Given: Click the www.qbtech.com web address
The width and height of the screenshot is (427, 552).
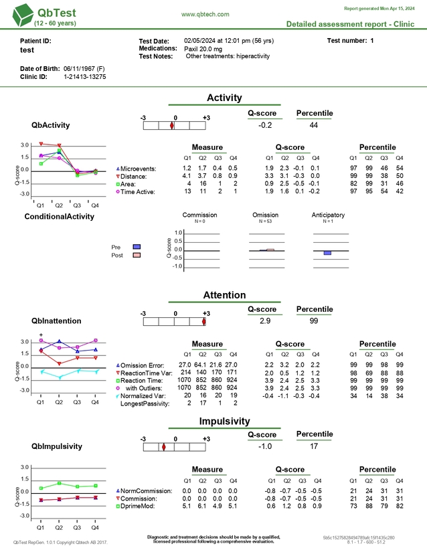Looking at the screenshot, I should pyautogui.click(x=205, y=14).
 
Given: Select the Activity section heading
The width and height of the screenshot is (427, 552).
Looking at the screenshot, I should pyautogui.click(x=224, y=98).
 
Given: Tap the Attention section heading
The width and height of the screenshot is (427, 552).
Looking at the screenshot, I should pyautogui.click(x=224, y=295).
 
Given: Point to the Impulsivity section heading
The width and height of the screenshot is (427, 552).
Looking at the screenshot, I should pyautogui.click(x=224, y=421).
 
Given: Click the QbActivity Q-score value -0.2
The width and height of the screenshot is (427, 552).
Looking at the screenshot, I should pyautogui.click(x=265, y=125).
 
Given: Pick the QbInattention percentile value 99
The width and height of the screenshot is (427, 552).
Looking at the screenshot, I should pyautogui.click(x=314, y=321).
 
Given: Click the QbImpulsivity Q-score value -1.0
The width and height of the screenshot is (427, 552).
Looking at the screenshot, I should pyautogui.click(x=265, y=447).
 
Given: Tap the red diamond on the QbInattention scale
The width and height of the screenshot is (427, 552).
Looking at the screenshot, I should pyautogui.click(x=204, y=322).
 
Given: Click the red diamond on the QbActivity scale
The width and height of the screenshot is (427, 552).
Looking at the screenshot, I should pyautogui.click(x=172, y=126).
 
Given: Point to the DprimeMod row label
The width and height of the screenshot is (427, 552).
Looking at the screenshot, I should pyautogui.click(x=140, y=507).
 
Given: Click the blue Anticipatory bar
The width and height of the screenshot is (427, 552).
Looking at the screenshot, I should pyautogui.click(x=327, y=253).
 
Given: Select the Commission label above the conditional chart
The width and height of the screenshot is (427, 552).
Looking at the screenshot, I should pyautogui.click(x=200, y=215).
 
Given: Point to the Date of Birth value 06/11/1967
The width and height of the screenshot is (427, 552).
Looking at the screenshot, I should pyautogui.click(x=82, y=69).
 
